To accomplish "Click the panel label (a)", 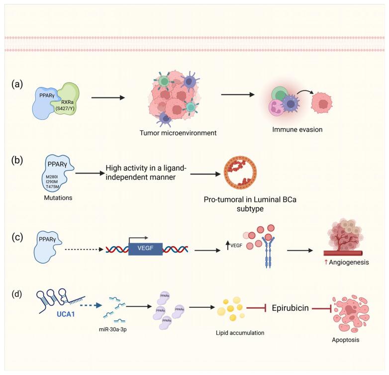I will click(17, 84).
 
